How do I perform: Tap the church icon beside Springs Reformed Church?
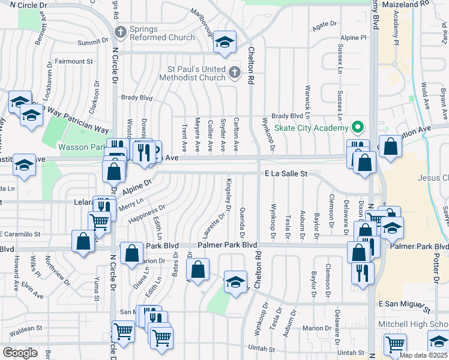[x=121, y=32]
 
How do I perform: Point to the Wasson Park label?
[x=82, y=146]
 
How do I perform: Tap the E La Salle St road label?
[x=286, y=173]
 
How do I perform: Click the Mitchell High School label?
[x=413, y=324]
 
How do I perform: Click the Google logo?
[x=20, y=353]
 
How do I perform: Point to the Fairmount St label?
[x=74, y=61]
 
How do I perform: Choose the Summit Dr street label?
[x=91, y=43]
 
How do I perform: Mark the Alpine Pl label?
[x=355, y=37]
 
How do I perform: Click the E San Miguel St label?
[x=405, y=305]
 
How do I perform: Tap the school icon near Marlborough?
[x=225, y=42]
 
